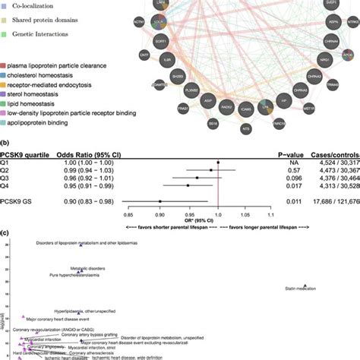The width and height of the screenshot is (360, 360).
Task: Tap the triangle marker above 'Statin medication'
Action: point(305,281)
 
